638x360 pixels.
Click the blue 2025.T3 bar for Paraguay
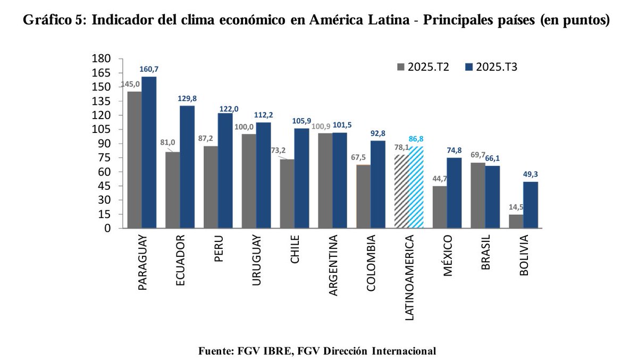point(149,153)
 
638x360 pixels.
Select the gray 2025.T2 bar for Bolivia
point(516,221)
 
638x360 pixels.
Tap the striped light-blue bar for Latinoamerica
point(416,187)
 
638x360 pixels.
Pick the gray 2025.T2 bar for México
point(440,207)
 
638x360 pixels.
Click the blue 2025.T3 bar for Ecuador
point(187,167)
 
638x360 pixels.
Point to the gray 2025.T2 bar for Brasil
point(477,195)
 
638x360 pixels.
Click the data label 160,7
point(149,70)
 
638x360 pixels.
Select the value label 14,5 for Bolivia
point(515,207)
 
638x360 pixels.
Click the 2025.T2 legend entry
point(423,67)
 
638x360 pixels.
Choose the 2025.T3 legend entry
point(491,67)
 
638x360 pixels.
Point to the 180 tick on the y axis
point(102,58)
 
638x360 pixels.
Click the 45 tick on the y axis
point(105,186)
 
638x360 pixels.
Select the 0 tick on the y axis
point(107,229)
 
